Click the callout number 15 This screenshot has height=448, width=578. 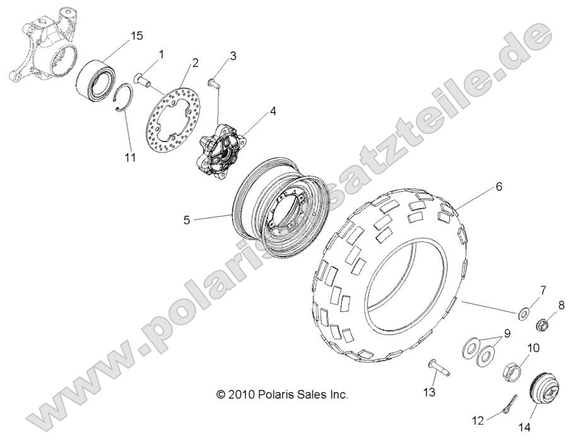click(x=136, y=36)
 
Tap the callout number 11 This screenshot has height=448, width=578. click(x=130, y=158)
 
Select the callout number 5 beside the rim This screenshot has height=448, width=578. click(x=187, y=221)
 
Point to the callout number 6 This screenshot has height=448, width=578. click(x=499, y=187)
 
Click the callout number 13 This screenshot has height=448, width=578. click(x=430, y=392)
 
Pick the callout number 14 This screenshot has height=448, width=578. click(x=524, y=427)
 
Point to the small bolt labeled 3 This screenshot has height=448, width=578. click(x=214, y=83)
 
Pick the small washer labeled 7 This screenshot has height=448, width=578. click(x=523, y=314)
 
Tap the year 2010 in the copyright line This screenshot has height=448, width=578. click(x=240, y=394)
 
